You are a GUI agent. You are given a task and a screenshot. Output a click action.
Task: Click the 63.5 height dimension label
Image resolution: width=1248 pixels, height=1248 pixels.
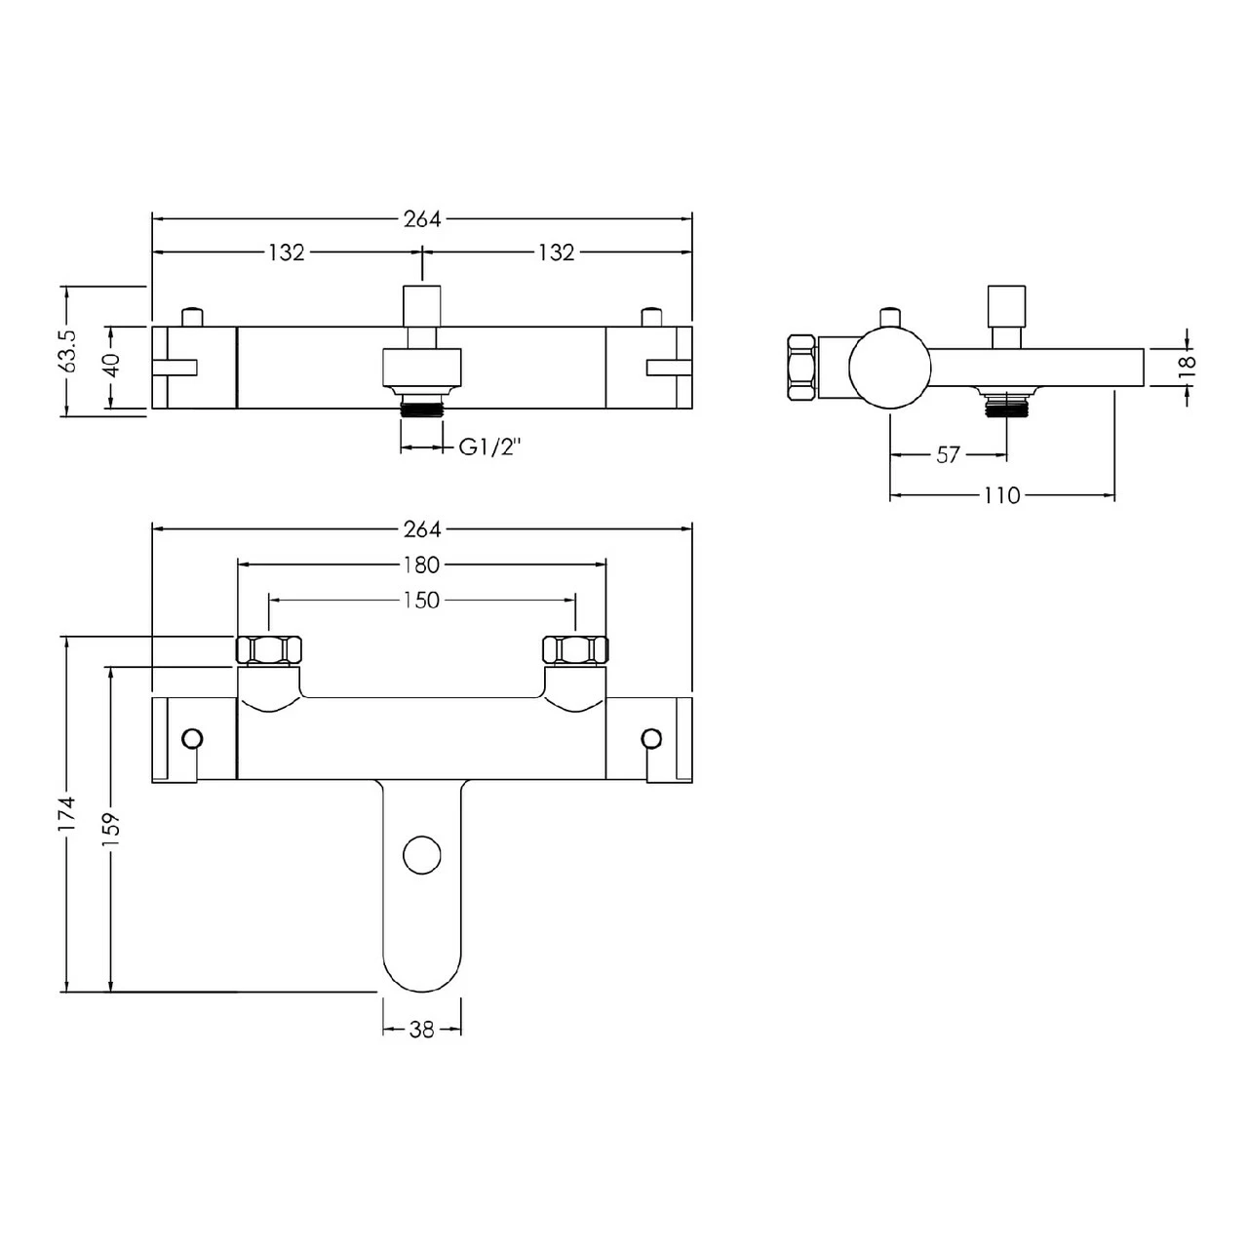[67, 351]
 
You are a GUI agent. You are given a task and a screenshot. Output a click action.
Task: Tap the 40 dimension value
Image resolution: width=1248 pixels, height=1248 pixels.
[112, 366]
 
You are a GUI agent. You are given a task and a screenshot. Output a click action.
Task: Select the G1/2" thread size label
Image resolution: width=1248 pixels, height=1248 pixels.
[491, 448]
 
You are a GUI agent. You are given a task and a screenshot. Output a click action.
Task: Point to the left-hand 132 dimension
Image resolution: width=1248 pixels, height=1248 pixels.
[286, 253]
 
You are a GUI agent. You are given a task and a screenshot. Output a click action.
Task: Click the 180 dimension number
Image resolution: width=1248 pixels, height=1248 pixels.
[421, 565]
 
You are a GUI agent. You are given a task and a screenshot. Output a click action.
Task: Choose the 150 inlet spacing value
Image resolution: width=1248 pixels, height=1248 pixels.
[421, 601]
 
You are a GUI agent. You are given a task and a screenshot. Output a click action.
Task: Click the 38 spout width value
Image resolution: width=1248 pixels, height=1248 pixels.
[421, 1030]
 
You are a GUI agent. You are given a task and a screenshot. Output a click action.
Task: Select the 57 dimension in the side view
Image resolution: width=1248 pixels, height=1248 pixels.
[948, 455]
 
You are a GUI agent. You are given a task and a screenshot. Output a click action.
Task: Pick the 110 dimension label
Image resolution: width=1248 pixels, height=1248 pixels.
[1001, 496]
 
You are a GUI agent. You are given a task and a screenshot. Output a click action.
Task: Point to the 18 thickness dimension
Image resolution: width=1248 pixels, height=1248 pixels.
[1187, 365]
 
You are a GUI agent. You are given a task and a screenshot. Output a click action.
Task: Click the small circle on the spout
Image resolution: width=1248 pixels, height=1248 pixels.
[422, 854]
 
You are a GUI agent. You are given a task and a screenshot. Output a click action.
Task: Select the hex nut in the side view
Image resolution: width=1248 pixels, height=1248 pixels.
[800, 367]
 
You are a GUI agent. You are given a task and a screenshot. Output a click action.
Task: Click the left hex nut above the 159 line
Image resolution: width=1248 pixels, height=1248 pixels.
[269, 649]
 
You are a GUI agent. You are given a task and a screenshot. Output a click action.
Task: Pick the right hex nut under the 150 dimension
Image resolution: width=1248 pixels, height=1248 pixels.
[575, 649]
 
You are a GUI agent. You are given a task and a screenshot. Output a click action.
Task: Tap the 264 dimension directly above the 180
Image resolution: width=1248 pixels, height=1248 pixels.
[421, 528]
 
